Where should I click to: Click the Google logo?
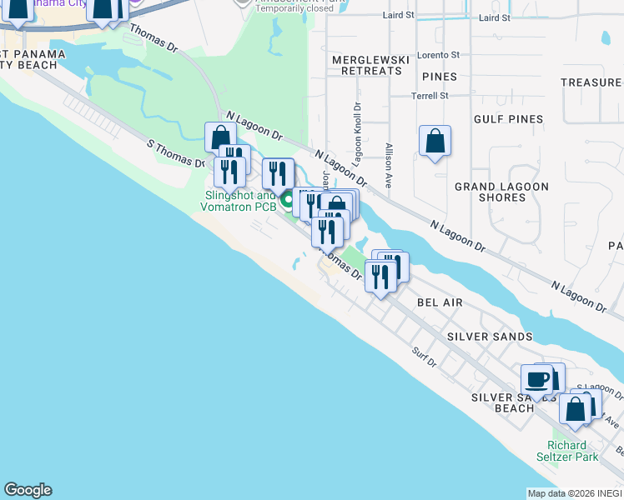click(x=28, y=490)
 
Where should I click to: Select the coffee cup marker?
click(x=536, y=381)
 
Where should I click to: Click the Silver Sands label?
click(x=490, y=337)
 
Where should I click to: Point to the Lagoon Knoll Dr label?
click(x=356, y=133)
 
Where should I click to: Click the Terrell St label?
click(x=430, y=96)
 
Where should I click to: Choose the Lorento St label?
click(x=438, y=54)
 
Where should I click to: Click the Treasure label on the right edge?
click(x=591, y=82)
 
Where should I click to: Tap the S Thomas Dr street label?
click(x=176, y=153)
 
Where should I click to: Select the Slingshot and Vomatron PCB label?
click(x=239, y=201)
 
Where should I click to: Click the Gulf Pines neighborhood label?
click(x=507, y=119)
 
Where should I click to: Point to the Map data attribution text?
click(x=575, y=493)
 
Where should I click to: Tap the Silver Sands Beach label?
click(x=503, y=402)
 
